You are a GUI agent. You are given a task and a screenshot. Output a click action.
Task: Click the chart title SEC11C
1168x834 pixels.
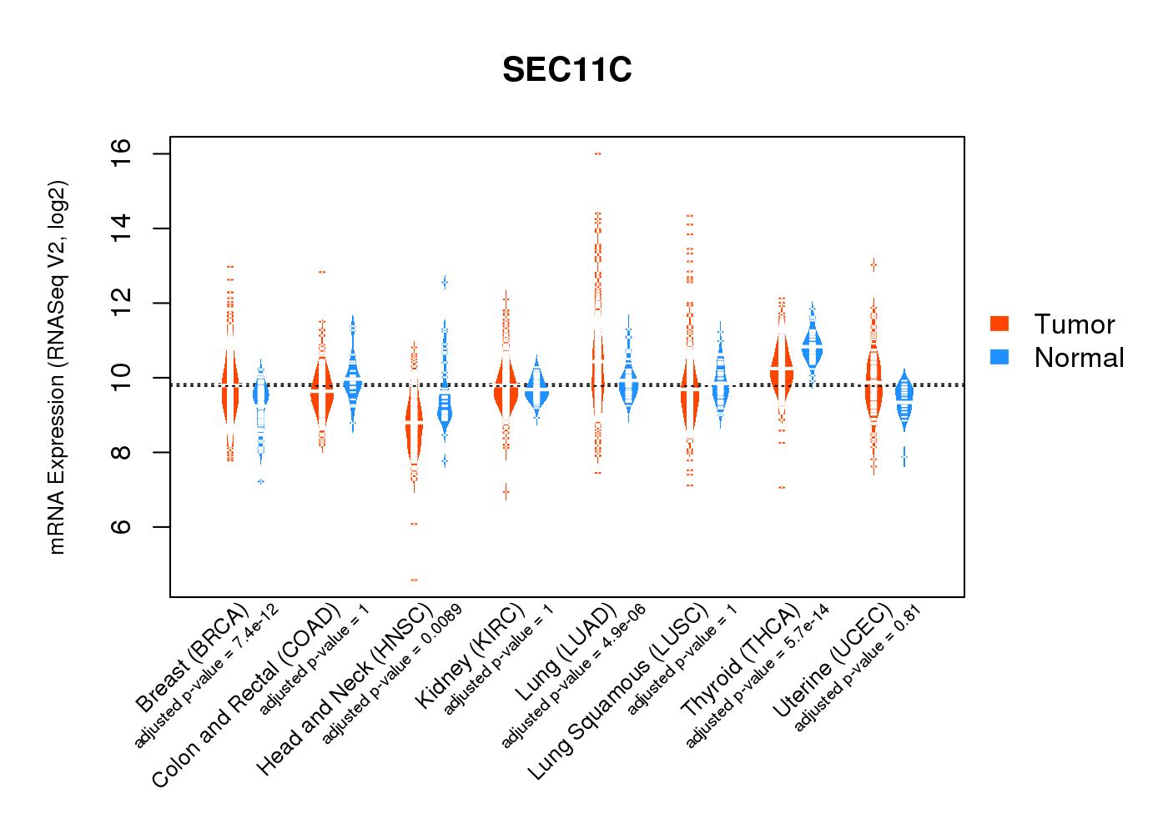(567, 70)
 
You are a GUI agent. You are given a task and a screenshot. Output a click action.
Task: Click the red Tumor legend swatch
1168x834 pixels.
(999, 324)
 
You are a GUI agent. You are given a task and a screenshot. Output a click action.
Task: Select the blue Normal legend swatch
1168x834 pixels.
(999, 357)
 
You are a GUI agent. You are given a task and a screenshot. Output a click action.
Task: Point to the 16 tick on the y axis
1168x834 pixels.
(122, 153)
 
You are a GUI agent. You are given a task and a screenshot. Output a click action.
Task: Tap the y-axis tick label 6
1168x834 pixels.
(122, 527)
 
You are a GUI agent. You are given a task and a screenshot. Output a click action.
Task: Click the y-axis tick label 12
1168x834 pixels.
(122, 303)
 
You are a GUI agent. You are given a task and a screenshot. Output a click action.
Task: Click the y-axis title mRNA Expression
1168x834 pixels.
(57, 367)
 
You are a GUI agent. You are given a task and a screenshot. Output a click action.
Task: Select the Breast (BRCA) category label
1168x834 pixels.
(193, 659)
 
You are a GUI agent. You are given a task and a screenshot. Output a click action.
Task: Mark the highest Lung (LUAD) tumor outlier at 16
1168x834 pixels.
(597, 153)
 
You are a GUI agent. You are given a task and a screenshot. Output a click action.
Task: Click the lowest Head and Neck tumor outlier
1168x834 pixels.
(414, 580)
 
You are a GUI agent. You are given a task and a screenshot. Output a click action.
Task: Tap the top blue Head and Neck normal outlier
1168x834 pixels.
(445, 283)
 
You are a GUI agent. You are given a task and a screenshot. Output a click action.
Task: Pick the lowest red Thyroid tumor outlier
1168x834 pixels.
(782, 487)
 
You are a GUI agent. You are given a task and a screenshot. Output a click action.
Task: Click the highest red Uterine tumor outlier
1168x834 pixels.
(873, 265)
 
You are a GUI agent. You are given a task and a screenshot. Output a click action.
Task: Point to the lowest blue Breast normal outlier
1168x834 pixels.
(261, 481)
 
